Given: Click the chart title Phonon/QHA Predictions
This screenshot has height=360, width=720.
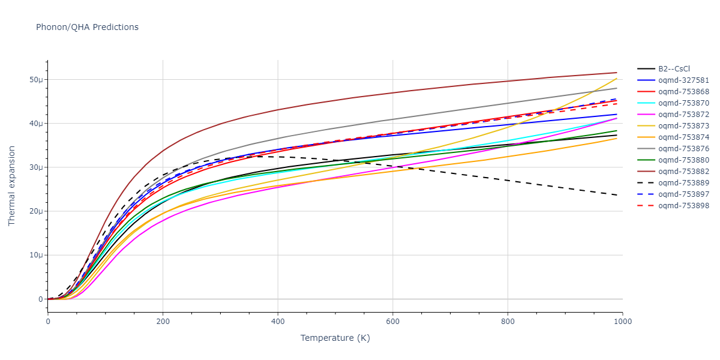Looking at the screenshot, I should [87, 27].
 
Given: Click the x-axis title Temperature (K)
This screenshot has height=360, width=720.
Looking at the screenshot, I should [335, 338].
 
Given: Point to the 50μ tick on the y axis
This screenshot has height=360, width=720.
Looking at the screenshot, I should [36, 80].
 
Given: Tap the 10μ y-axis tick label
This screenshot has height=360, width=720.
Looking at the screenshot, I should [36, 255].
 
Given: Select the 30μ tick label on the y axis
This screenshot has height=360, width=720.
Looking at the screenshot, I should [36, 167].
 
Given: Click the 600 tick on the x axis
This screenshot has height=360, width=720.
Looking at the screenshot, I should [392, 321].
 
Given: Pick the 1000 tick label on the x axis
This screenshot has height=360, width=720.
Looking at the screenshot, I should [622, 321].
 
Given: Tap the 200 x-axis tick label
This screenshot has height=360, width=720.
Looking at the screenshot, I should [163, 321].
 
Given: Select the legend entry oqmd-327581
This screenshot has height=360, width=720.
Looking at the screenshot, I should [683, 80].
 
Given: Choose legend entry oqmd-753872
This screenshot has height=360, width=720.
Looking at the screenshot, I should [683, 115].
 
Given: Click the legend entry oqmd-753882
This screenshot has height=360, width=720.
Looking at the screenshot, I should [683, 172].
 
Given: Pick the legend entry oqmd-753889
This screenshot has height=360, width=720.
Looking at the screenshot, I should [683, 183].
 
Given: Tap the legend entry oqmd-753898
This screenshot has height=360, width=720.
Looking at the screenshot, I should [683, 206].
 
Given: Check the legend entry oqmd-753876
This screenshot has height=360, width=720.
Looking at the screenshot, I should [683, 149].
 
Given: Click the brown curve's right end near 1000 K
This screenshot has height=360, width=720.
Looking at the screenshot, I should [616, 73].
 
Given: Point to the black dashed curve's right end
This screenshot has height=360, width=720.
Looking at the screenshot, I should [616, 195].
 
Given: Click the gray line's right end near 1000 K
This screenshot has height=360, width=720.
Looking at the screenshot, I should [616, 88].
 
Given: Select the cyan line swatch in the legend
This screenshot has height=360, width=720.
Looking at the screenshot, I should [646, 103].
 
